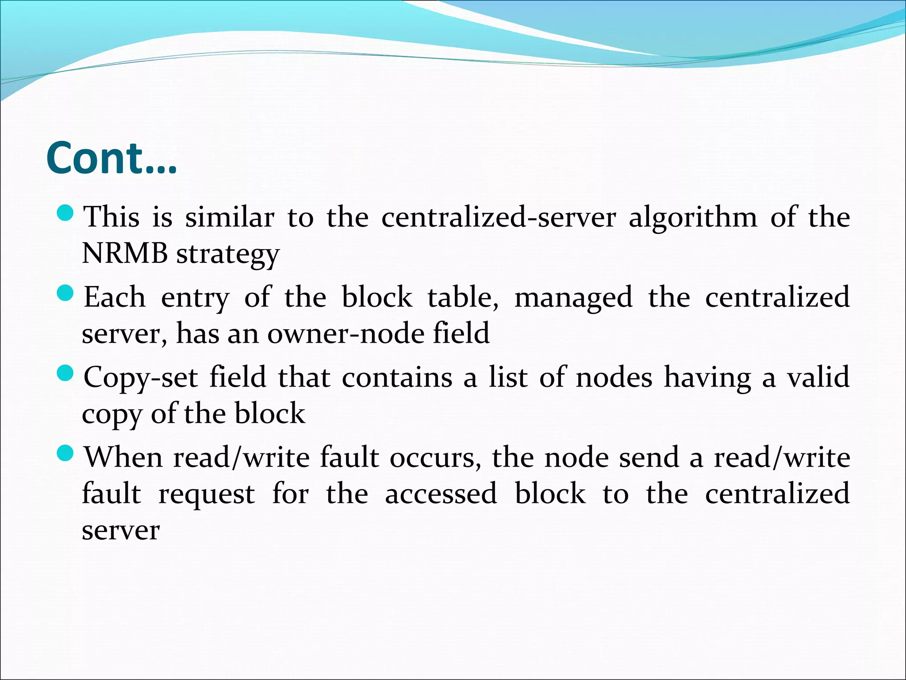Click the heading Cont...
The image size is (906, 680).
[x=111, y=158]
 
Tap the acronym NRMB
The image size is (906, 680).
[x=125, y=254]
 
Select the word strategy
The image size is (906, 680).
[x=228, y=255]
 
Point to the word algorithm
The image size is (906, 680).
[x=693, y=217]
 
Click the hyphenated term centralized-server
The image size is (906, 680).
[x=499, y=217]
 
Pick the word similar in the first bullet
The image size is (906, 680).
[x=230, y=217]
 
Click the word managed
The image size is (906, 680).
[x=573, y=298]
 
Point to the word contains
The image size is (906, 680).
[x=397, y=378]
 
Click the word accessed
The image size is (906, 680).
[x=441, y=494]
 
